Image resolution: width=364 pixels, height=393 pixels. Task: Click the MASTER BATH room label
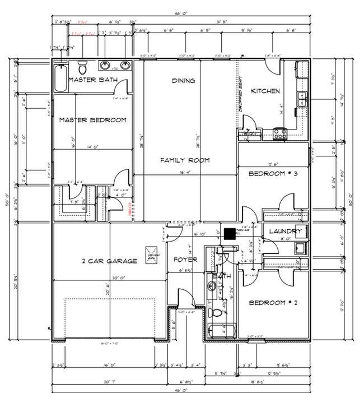tap(92, 80)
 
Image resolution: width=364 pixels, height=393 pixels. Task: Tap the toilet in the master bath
tap(83, 68)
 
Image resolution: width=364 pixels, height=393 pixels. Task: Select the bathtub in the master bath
tap(60, 79)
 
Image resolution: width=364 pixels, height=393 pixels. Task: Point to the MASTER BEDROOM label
tap(92, 119)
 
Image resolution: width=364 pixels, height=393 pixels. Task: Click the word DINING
tap(183, 81)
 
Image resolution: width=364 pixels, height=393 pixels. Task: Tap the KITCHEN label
tap(265, 91)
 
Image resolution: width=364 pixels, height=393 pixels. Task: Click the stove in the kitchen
tap(279, 133)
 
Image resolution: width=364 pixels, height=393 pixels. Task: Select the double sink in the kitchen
tap(302, 99)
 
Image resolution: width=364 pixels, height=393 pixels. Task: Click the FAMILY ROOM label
tap(185, 160)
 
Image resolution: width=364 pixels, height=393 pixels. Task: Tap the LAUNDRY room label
tap(286, 231)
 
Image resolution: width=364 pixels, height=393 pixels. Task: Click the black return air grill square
tap(229, 232)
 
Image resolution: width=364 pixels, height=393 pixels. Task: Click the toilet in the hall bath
tap(217, 311)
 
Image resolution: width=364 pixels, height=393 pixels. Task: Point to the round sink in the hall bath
tap(211, 287)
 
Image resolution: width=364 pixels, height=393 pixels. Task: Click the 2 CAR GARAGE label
tap(109, 261)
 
